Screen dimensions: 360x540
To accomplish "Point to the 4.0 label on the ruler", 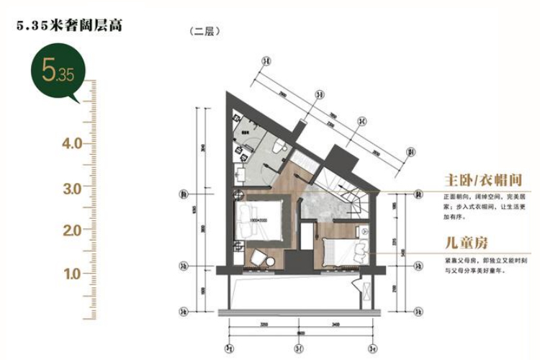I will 72,143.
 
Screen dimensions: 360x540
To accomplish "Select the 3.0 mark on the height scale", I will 72,188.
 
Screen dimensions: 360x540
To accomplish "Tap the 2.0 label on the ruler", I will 72,230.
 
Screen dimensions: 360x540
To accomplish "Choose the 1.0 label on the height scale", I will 72,274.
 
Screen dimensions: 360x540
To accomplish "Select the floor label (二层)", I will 204,32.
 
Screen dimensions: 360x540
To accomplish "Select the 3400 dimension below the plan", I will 337,325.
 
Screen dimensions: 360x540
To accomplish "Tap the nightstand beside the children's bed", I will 364,232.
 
